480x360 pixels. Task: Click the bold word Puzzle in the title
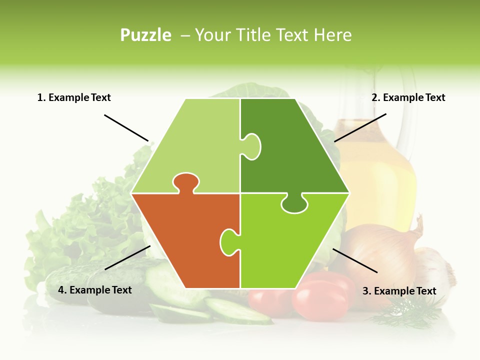[x=145, y=35]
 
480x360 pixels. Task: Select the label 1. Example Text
[x=74, y=97]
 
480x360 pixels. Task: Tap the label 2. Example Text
[x=408, y=97]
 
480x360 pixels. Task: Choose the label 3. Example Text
[x=399, y=291]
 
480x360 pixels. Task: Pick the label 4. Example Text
[x=95, y=290]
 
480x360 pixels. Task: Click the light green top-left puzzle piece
[x=195, y=145]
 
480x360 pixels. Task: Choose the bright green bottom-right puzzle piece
[x=290, y=245]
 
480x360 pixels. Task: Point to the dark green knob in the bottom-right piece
[x=294, y=203]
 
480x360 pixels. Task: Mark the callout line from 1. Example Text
[x=126, y=127]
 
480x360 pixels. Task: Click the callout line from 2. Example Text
[x=360, y=127]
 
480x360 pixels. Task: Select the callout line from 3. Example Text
[x=355, y=260]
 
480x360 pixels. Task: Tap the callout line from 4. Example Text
[x=127, y=257]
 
